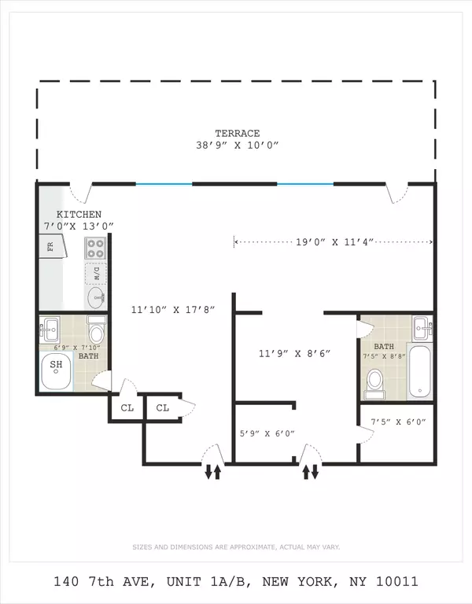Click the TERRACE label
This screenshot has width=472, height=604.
click(238, 134)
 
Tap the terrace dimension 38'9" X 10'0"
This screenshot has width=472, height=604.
click(238, 145)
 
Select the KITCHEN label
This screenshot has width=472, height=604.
click(78, 215)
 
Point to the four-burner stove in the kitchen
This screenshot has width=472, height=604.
click(95, 249)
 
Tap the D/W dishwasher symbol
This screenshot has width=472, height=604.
click(96, 274)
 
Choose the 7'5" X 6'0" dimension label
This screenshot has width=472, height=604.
click(398, 422)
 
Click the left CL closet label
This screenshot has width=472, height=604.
click(127, 407)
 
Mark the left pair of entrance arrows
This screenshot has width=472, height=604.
click(212, 472)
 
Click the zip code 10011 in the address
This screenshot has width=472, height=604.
click(396, 582)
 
